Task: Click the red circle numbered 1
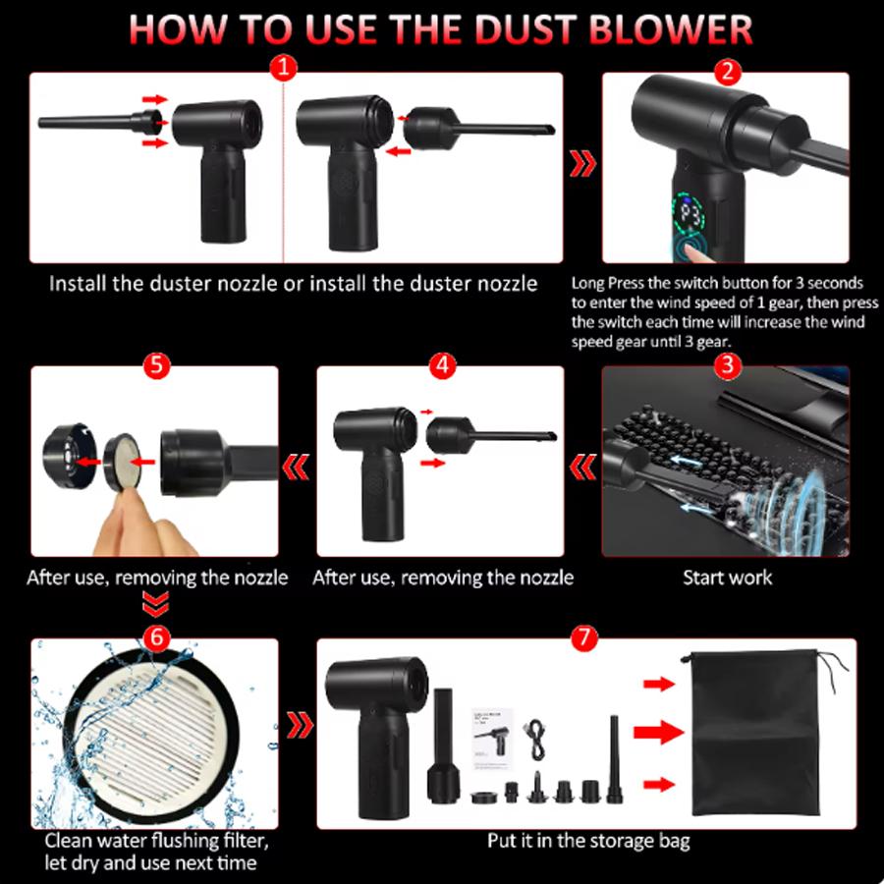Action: coord(283,68)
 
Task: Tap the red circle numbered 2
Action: coord(727,72)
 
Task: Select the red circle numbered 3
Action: coord(727,365)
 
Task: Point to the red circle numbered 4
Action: coord(442,365)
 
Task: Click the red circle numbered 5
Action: coord(156,365)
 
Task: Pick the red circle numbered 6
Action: coord(156,637)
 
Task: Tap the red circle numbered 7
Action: coord(584,637)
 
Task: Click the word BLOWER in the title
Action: coord(670,29)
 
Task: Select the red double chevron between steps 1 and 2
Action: coord(582,163)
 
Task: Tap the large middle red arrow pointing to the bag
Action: coord(658,733)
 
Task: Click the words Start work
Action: coord(727,578)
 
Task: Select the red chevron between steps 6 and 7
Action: coord(300,725)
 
